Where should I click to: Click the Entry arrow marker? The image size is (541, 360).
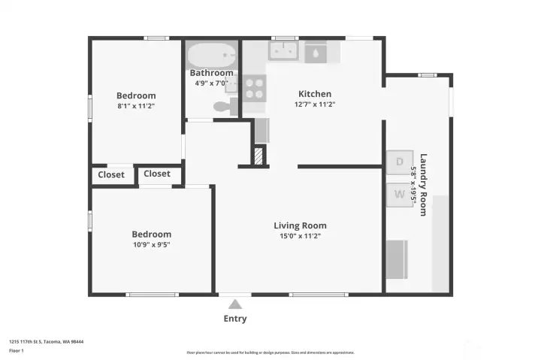click(235, 304)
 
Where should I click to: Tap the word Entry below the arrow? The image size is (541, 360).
click(235, 319)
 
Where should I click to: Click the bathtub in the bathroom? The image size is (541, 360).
click(211, 56)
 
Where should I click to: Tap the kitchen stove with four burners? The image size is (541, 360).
click(254, 87)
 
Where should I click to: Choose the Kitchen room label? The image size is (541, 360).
click(315, 94)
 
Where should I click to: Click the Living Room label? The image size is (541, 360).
click(300, 225)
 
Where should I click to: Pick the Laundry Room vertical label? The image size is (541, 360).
click(423, 185)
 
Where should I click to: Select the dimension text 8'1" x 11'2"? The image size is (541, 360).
click(136, 106)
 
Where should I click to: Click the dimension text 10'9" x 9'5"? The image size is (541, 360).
click(151, 244)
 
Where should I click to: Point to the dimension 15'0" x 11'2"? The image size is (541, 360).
click(300, 236)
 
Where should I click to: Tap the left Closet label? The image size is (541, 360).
click(111, 175)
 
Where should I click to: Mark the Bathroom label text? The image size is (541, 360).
click(211, 73)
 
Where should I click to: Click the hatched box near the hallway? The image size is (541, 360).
click(258, 156)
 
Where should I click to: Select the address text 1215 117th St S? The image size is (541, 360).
click(46, 341)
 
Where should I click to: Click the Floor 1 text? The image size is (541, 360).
click(17, 350)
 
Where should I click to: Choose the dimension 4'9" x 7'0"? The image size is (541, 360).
click(211, 83)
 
